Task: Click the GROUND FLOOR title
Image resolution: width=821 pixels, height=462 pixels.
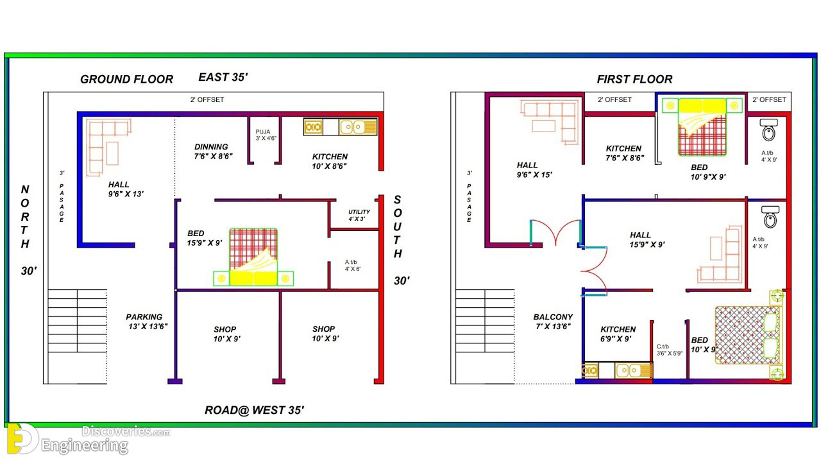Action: (126, 79)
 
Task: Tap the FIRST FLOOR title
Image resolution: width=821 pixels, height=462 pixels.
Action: (634, 79)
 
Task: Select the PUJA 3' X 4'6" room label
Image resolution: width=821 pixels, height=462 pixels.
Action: (266, 135)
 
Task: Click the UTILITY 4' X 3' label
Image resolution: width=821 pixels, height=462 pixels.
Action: (359, 215)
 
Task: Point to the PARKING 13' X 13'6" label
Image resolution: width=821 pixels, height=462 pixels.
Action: (146, 321)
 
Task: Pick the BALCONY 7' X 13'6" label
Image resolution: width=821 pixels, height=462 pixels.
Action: (553, 321)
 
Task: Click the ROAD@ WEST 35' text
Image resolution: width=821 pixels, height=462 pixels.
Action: (255, 410)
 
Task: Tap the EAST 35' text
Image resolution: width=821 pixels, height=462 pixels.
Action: (223, 77)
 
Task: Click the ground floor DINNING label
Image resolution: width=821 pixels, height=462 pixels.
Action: (211, 147)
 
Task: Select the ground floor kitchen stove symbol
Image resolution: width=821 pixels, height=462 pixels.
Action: (313, 127)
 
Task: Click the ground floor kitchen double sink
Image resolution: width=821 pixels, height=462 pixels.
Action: (357, 127)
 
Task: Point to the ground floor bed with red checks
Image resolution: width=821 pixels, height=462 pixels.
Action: (253, 257)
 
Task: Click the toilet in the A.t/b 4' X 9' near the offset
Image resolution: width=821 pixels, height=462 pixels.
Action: (768, 130)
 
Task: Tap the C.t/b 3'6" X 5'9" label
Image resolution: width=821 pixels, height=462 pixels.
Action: (669, 350)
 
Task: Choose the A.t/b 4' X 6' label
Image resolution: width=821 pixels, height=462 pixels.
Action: (352, 266)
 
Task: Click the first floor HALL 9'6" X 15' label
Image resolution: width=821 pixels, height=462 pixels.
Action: (534, 170)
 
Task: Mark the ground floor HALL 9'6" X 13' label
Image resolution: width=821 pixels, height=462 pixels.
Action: (126, 189)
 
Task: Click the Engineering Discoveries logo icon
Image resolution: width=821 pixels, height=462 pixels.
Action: (22, 438)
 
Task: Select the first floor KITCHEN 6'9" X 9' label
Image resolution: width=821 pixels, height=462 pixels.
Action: (618, 334)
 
